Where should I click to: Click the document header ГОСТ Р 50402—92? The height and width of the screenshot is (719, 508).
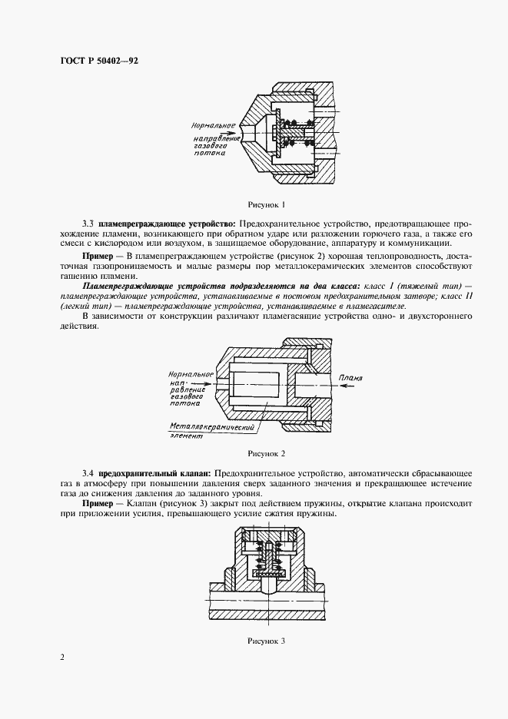pos(99,59)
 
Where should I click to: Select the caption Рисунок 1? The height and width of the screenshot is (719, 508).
pos(266,204)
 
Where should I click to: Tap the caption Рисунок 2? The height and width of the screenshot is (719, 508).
pos(266,453)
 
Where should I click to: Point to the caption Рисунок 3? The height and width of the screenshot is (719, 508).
pos(266,640)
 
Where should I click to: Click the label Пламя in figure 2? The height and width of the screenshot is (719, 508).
pos(350,377)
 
